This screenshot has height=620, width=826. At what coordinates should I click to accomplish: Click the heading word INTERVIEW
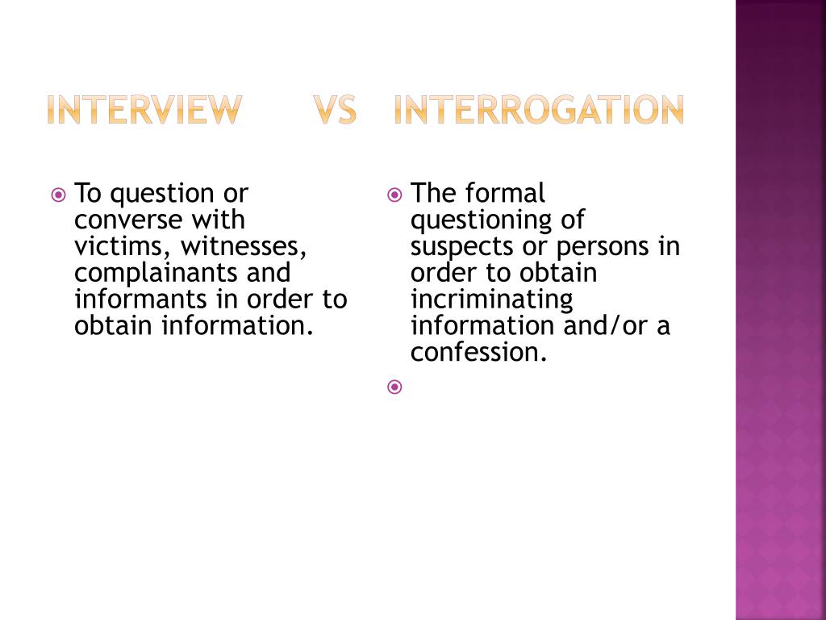coord(144,110)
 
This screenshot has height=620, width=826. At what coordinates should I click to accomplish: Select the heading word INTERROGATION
coord(539,110)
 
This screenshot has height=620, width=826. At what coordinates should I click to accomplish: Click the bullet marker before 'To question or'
coord(58,195)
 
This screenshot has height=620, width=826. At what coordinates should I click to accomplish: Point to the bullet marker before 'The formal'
coord(394,195)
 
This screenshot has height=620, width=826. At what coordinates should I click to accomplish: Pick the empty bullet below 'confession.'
coord(394,387)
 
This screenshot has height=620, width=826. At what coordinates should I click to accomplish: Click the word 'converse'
coord(128,220)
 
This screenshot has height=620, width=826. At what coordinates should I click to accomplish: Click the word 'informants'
coord(142,300)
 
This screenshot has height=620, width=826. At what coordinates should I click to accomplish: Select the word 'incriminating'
coord(491,300)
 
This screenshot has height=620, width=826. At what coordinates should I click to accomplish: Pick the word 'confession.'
coord(478,352)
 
